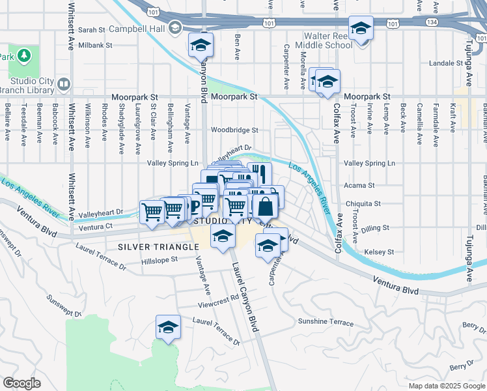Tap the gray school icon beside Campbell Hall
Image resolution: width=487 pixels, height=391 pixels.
pyautogui.click(x=174, y=28)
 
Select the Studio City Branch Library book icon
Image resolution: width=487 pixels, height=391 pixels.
pyautogui.click(x=64, y=84)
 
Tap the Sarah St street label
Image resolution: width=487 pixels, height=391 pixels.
pyautogui.click(x=91, y=30)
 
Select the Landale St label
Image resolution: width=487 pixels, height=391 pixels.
pyautogui.click(x=445, y=63)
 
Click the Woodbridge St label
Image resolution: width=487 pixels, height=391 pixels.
pyautogui.click(x=234, y=130)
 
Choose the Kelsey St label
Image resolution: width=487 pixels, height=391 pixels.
pyautogui.click(x=381, y=252)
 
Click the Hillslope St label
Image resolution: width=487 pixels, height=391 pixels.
pyautogui.click(x=160, y=260)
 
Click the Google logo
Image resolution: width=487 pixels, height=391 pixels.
pyautogui.click(x=21, y=383)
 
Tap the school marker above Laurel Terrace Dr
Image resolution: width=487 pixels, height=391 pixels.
pyautogui.click(x=168, y=326)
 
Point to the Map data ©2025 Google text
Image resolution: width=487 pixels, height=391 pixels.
pyautogui.click(x=446, y=386)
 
